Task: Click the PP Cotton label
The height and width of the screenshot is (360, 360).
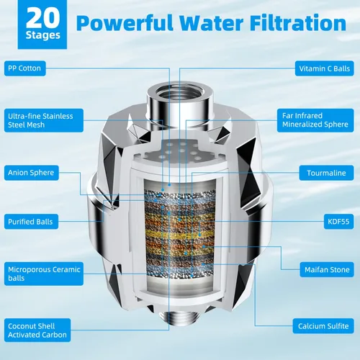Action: [25, 68]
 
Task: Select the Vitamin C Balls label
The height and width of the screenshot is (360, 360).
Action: [324, 68]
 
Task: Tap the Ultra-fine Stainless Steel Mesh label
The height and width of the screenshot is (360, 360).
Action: [44, 120]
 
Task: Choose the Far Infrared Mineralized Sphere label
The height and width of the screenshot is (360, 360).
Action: [315, 120]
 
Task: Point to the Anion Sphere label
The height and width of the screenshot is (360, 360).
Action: [32, 173]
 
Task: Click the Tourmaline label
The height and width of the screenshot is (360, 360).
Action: [326, 173]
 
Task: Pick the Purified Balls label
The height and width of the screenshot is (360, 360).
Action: [31, 222]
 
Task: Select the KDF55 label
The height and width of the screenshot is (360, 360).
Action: [338, 221]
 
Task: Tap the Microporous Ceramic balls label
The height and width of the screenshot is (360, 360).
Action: [44, 274]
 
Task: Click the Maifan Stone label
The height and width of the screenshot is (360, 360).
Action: [327, 269]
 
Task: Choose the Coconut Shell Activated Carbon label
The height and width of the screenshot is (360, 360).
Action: [37, 330]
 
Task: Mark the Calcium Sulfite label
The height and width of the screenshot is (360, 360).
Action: [323, 326]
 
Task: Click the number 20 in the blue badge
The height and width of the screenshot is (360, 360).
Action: [42, 18]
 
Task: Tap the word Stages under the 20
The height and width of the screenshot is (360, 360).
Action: [42, 35]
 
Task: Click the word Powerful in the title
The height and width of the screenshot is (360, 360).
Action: [125, 23]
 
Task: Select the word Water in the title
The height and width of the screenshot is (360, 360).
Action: [212, 23]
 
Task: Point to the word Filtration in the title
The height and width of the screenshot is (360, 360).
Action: [298, 23]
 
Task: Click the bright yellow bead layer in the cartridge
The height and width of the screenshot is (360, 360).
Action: [179, 233]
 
